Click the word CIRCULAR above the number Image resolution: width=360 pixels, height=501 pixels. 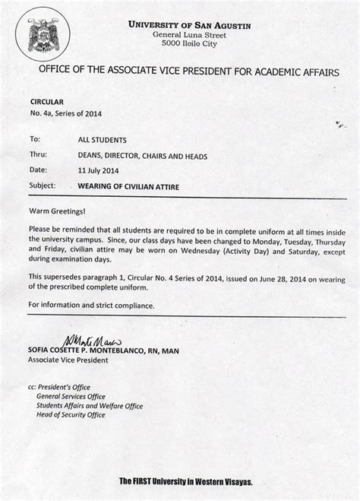(x=46, y=101)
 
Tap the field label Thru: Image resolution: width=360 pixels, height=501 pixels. (x=37, y=156)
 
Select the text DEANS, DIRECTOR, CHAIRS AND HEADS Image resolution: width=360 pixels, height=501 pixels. (x=142, y=156)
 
